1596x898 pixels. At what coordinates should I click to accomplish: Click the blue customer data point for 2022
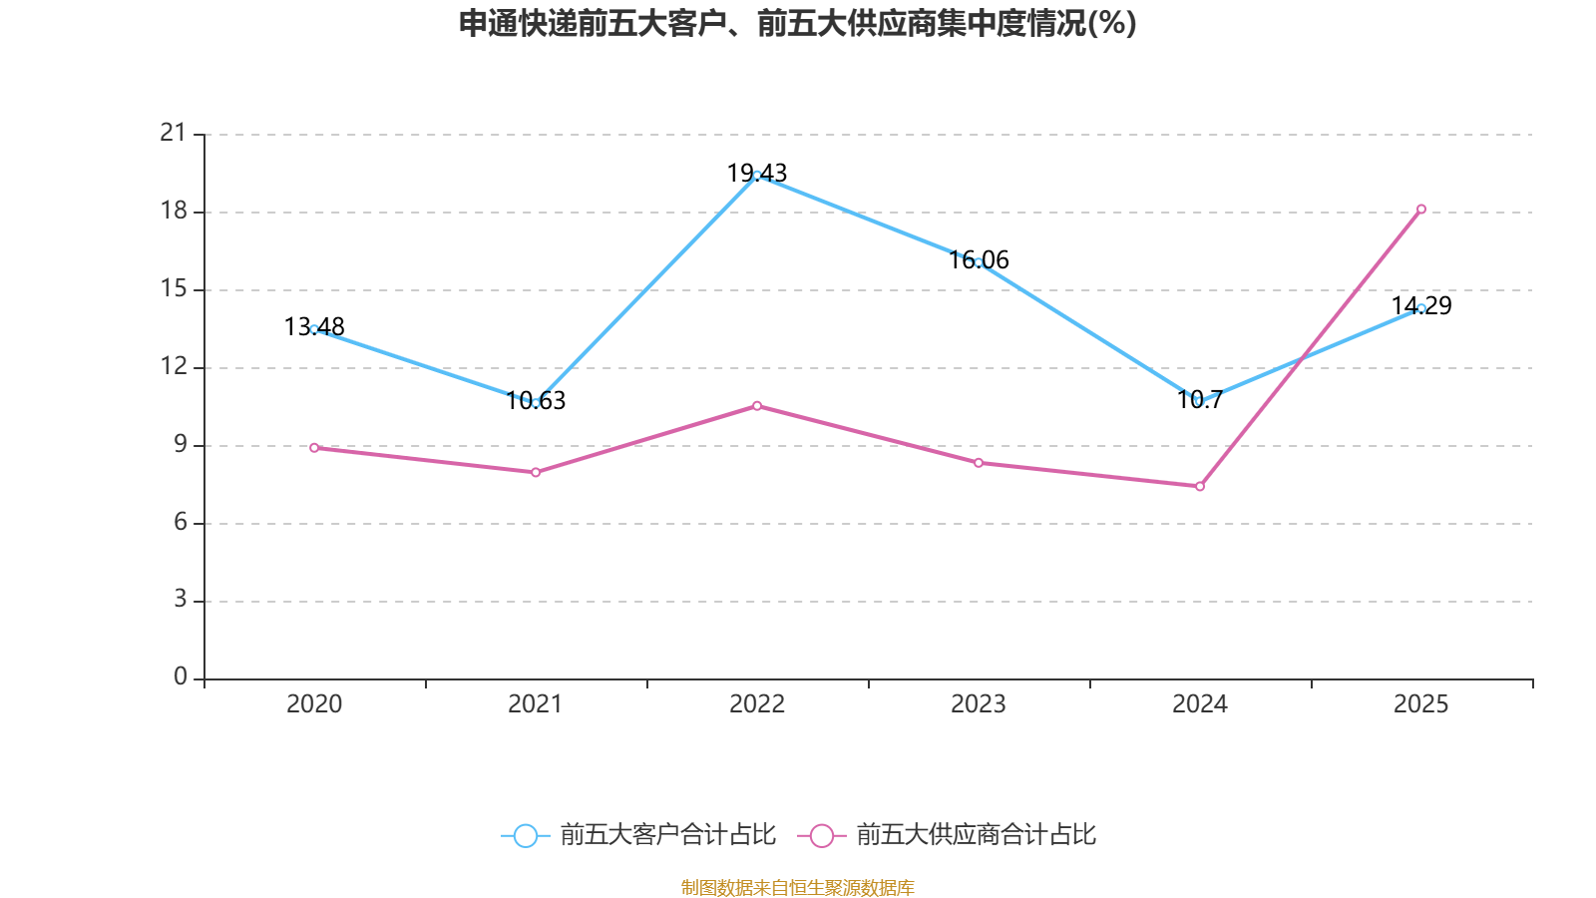click(757, 176)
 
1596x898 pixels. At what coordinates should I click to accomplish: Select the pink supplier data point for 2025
click(1421, 210)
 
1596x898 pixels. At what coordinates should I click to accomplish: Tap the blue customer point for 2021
click(536, 403)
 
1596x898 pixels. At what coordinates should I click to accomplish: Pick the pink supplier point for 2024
click(1200, 487)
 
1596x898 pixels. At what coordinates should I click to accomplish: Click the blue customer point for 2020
click(314, 329)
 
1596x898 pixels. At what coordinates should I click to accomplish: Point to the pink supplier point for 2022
click(757, 406)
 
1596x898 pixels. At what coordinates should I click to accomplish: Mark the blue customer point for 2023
click(979, 262)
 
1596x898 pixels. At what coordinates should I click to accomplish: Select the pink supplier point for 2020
click(314, 448)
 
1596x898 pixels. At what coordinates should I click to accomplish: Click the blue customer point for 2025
click(1421, 308)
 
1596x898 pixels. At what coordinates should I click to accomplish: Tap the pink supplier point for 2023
click(979, 463)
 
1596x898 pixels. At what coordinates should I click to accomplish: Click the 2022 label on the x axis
click(757, 704)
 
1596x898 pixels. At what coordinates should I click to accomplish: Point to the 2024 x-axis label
click(1200, 704)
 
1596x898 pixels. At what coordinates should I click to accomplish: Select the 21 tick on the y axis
click(174, 133)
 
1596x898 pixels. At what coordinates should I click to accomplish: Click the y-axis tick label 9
click(181, 444)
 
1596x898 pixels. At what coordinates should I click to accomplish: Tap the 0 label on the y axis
click(181, 677)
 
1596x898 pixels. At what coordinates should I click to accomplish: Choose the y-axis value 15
click(174, 288)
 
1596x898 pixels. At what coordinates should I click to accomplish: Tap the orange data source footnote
click(798, 887)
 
